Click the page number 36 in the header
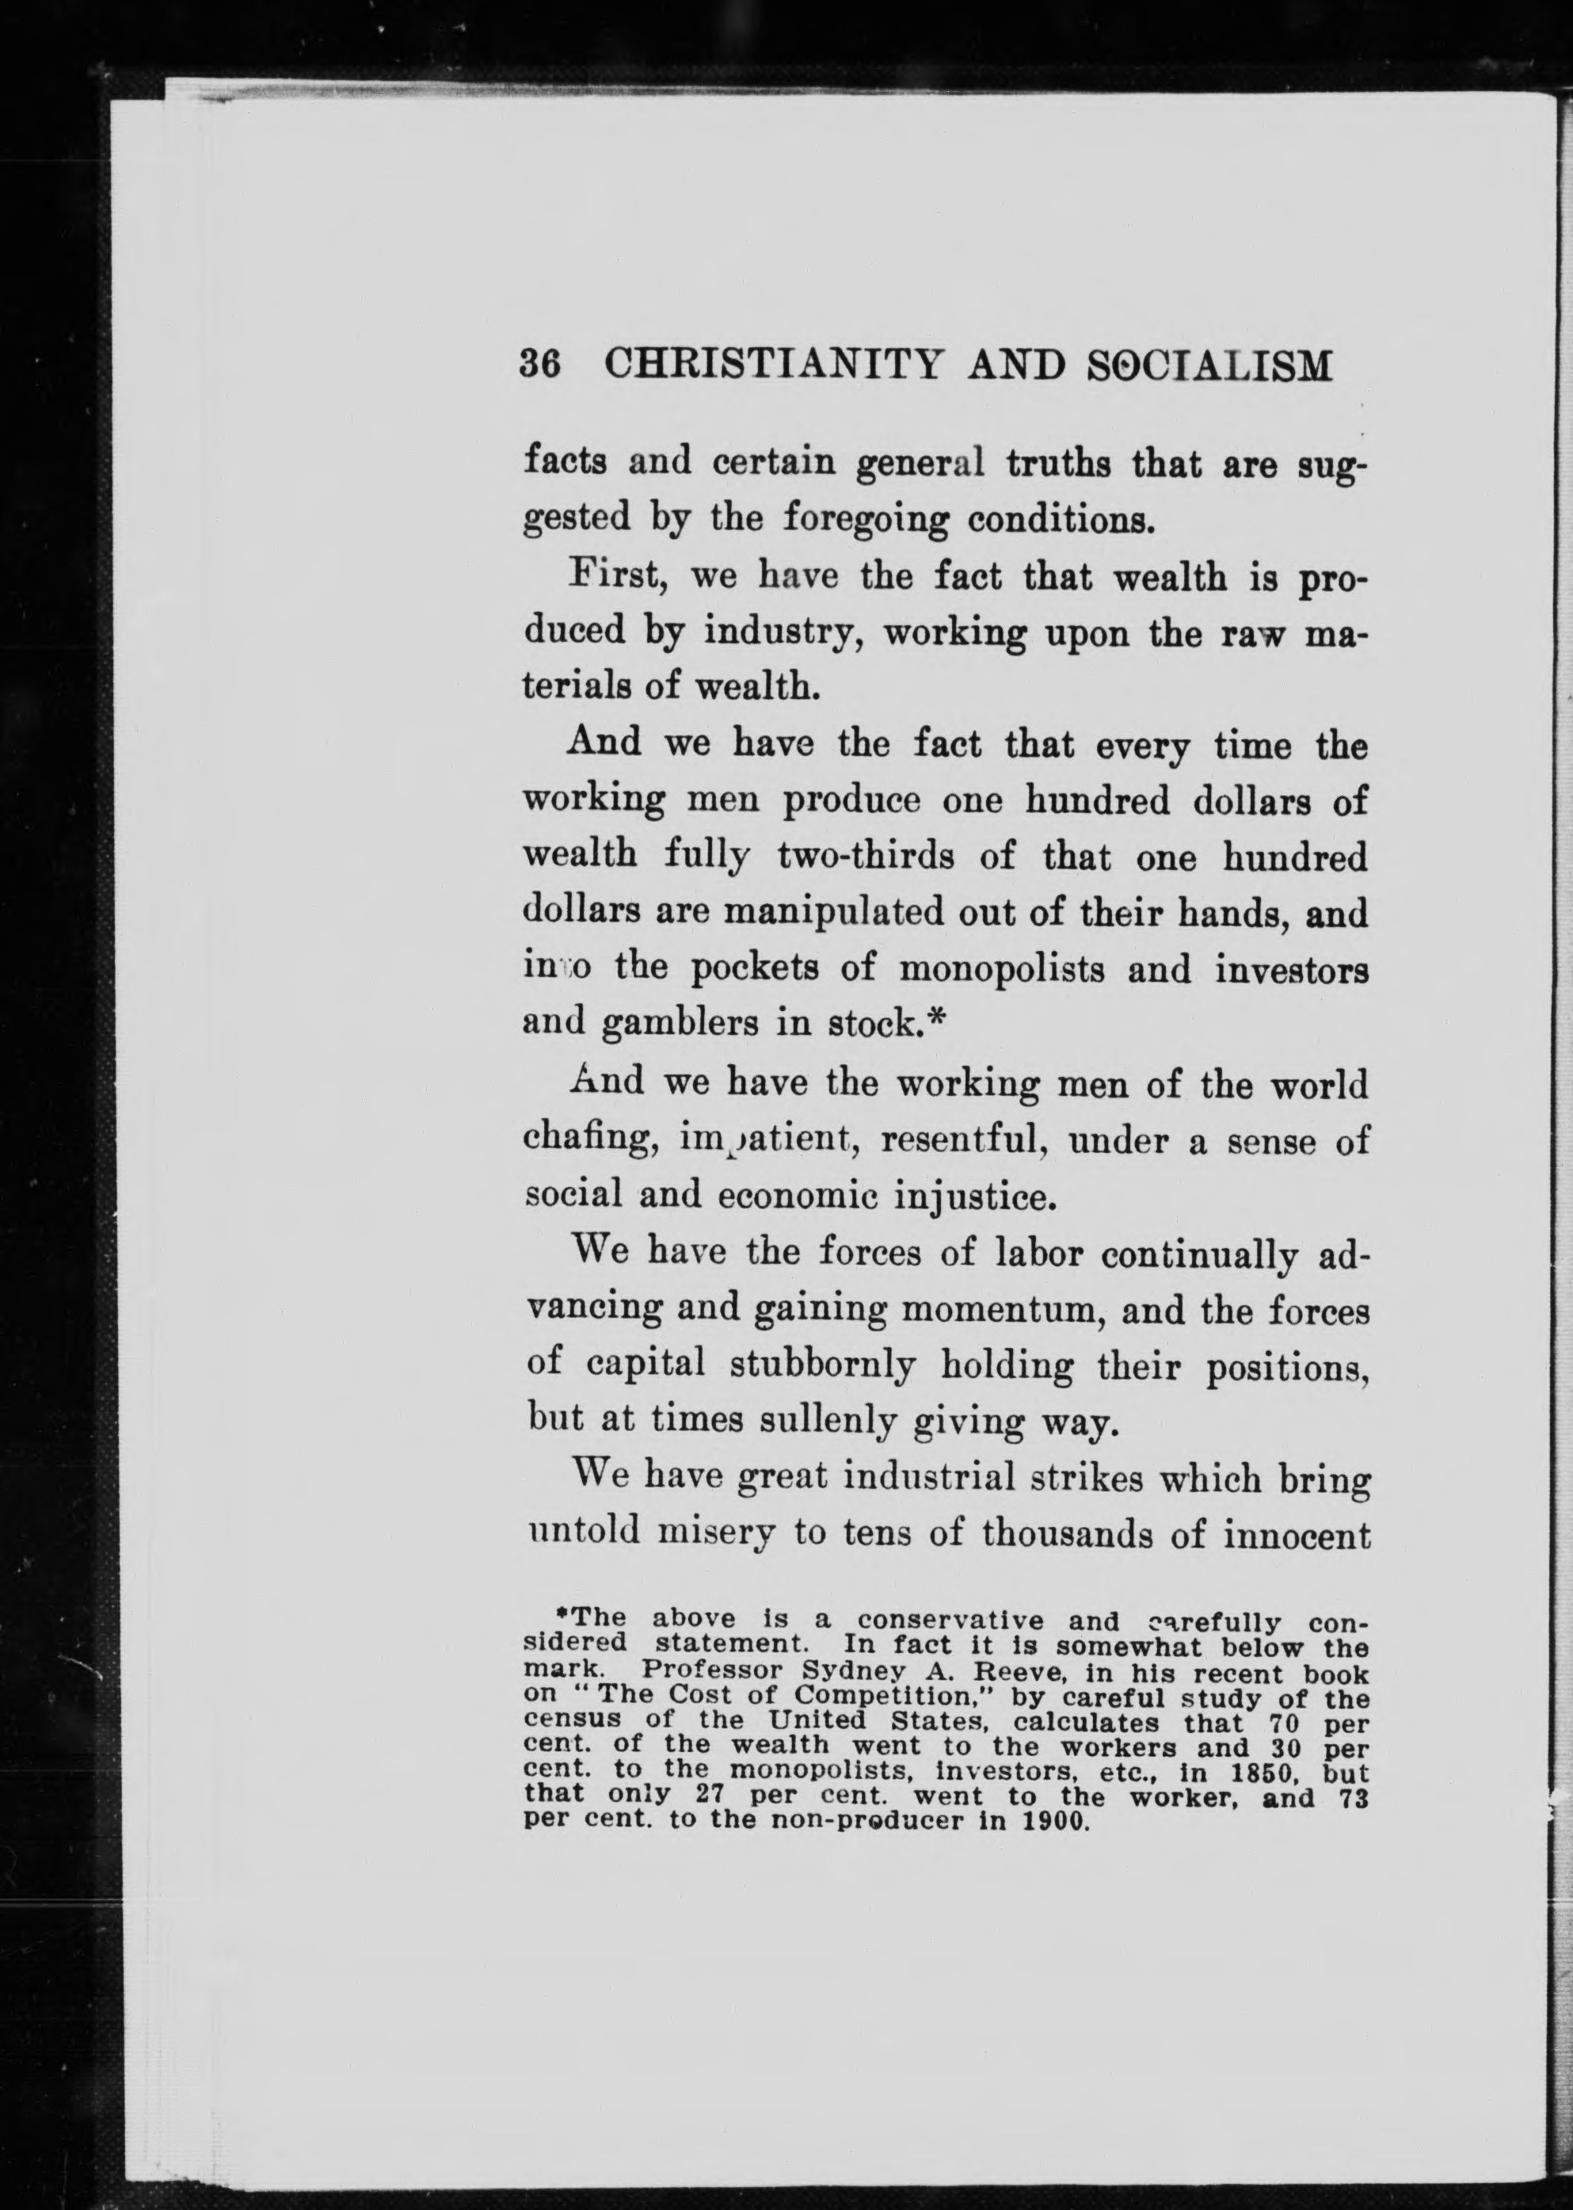[x=540, y=366]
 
